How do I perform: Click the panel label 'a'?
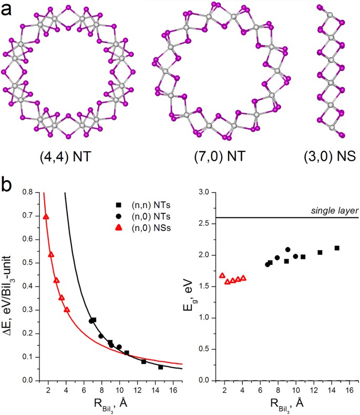[7, 9]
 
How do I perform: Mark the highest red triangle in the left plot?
[46, 216]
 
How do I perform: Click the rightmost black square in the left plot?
[160, 367]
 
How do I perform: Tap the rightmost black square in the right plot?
[337, 248]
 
